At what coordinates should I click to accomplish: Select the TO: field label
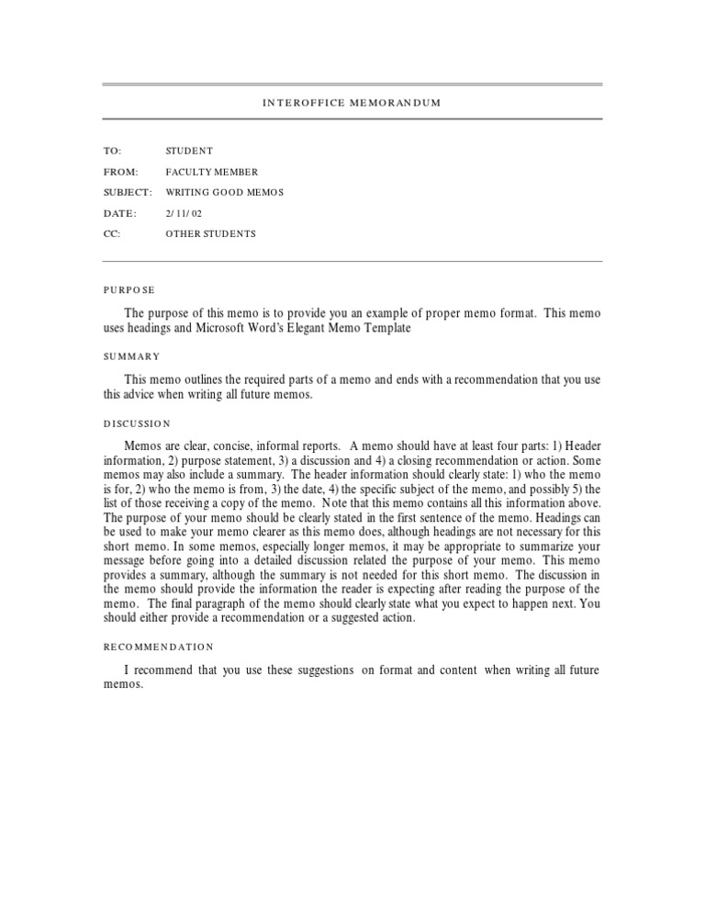coord(112,151)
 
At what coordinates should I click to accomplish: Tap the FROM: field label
coord(120,172)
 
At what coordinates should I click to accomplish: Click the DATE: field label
coord(119,213)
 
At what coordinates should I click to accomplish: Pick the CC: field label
coord(112,233)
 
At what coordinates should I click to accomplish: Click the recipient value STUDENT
coord(189,151)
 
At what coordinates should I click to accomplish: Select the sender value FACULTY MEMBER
coord(211,172)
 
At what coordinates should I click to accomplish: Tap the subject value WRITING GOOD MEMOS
coord(225,192)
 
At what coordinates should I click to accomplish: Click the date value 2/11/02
coord(185,213)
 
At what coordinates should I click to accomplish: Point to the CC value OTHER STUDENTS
coord(210,233)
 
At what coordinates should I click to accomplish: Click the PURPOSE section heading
coord(129,289)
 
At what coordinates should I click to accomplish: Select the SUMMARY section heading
coord(131,355)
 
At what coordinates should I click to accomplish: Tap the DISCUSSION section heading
coord(137,423)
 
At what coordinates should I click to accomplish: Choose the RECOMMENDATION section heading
coord(158,647)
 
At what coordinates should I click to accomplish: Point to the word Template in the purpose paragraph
coord(385,328)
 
